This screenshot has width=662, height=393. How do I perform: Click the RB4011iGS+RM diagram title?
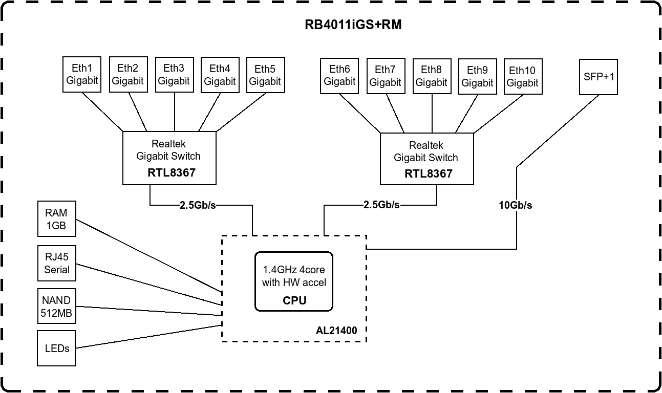pyautogui.click(x=353, y=25)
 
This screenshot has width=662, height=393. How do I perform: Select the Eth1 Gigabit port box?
pyautogui.click(x=82, y=74)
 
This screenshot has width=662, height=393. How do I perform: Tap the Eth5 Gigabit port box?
pyautogui.click(x=265, y=74)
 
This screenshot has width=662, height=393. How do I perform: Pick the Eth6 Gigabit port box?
pyautogui.click(x=339, y=75)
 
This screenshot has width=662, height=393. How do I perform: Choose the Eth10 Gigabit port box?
pyautogui.click(x=523, y=76)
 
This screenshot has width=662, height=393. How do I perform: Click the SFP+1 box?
pyautogui.click(x=599, y=77)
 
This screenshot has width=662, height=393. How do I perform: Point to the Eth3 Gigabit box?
pyautogui.click(x=174, y=74)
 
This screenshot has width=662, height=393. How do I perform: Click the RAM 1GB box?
pyautogui.click(x=56, y=219)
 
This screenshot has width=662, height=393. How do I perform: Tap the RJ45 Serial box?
pyautogui.click(x=56, y=263)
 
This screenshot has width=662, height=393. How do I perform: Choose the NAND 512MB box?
pyautogui.click(x=56, y=307)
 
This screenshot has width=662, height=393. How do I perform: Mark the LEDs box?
pyautogui.click(x=56, y=348)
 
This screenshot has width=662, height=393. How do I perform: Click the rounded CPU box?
pyautogui.click(x=294, y=281)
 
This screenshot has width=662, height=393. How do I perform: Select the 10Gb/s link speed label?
pyautogui.click(x=516, y=205)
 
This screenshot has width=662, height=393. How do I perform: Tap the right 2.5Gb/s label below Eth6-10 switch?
pyautogui.click(x=381, y=205)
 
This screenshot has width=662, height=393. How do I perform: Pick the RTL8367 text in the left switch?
pyautogui.click(x=172, y=172)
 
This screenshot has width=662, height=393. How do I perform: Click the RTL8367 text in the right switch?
pyautogui.click(x=429, y=173)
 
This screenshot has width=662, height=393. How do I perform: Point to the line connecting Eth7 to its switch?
pyautogui.click(x=395, y=114)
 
